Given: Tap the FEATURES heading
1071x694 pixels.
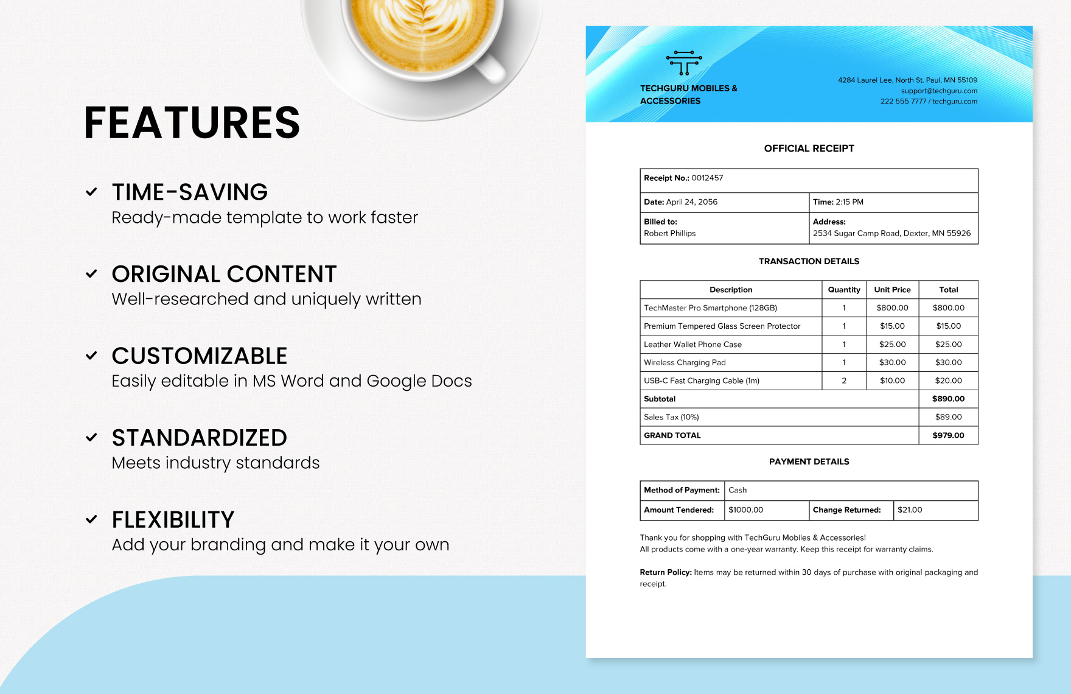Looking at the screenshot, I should tap(192, 123).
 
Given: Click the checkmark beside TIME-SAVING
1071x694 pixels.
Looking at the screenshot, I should tap(91, 192).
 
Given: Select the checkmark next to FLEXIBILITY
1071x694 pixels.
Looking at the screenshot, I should tap(91, 519).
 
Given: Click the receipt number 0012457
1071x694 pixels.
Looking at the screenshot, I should tap(707, 178).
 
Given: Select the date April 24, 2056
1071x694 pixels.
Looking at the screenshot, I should tap(691, 202).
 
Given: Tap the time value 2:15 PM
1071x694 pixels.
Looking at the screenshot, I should tap(849, 202).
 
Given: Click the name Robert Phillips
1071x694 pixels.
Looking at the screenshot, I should tap(669, 234).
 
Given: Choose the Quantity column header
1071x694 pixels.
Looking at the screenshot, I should tap(844, 290).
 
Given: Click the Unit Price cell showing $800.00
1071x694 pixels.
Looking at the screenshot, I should tap(892, 308).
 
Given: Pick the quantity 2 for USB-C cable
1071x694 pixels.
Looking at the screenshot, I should tap(844, 381).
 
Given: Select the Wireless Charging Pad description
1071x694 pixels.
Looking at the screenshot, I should tap(685, 363).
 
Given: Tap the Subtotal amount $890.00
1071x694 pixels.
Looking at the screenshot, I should tap(948, 399).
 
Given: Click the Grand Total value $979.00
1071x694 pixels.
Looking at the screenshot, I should tap(948, 436).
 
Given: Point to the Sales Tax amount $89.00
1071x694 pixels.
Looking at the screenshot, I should tap(948, 418).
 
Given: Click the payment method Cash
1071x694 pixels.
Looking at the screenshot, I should tap(738, 491).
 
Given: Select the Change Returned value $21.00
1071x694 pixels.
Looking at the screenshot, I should tap(910, 510).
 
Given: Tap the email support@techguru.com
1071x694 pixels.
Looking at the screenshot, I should tap(939, 91).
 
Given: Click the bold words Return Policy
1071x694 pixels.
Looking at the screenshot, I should tap(665, 573).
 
